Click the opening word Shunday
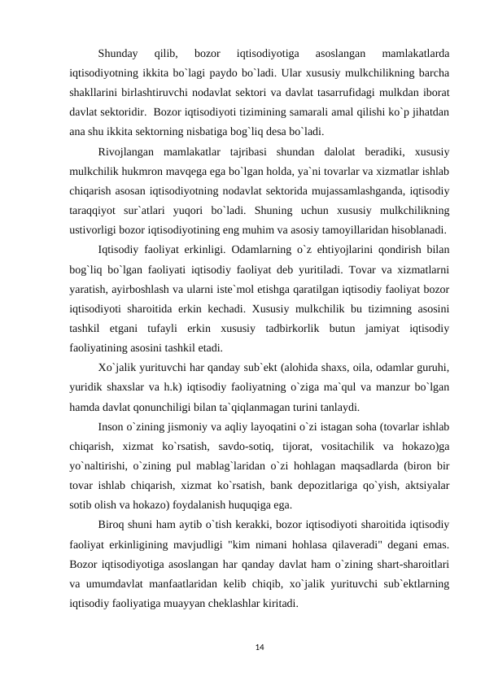(x=117, y=54)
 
